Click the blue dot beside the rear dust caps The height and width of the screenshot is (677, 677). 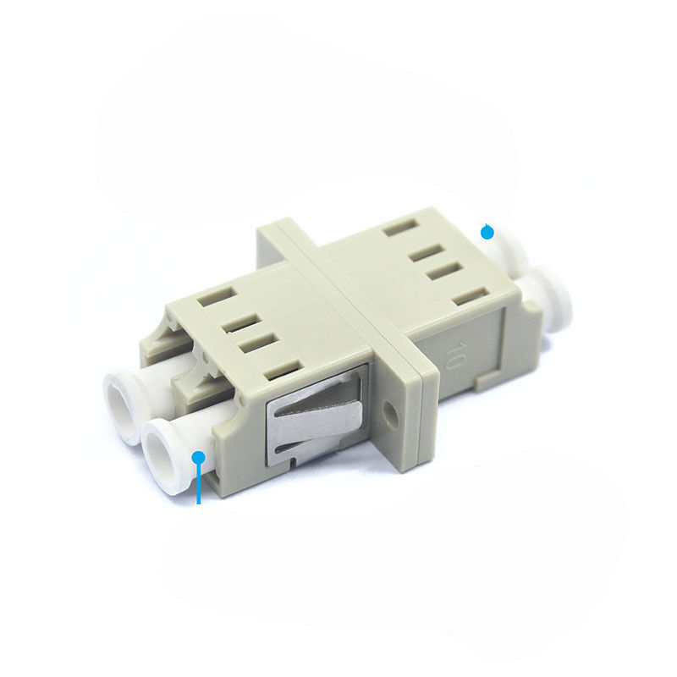point(487,231)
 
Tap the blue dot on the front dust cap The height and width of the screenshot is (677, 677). point(199,458)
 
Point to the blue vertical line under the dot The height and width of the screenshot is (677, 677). point(199,487)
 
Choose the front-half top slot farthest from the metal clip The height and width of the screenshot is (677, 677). point(208,300)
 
